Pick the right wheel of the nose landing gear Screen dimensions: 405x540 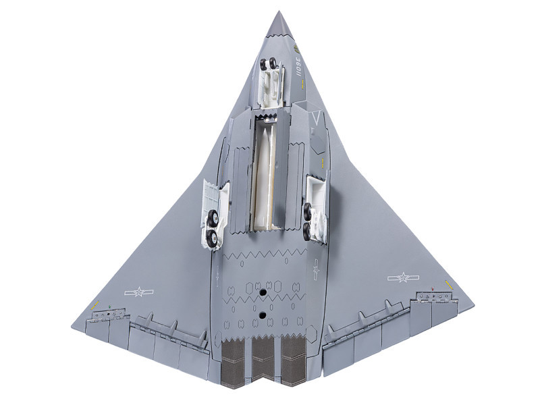point(273,65)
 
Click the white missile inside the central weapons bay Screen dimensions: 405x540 point(264,175)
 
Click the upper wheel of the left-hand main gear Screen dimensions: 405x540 point(213,218)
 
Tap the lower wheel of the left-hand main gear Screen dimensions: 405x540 point(213,236)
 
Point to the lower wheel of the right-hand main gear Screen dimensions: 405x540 point(308,231)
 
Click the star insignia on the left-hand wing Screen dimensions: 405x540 point(139,292)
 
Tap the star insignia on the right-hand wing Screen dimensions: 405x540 point(403,277)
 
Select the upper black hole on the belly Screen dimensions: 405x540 point(261,292)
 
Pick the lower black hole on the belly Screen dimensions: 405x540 point(261,314)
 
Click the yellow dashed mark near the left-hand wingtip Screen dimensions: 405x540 point(94,305)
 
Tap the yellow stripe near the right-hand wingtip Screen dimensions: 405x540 point(447,281)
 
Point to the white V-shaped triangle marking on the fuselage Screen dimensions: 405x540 point(315,121)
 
